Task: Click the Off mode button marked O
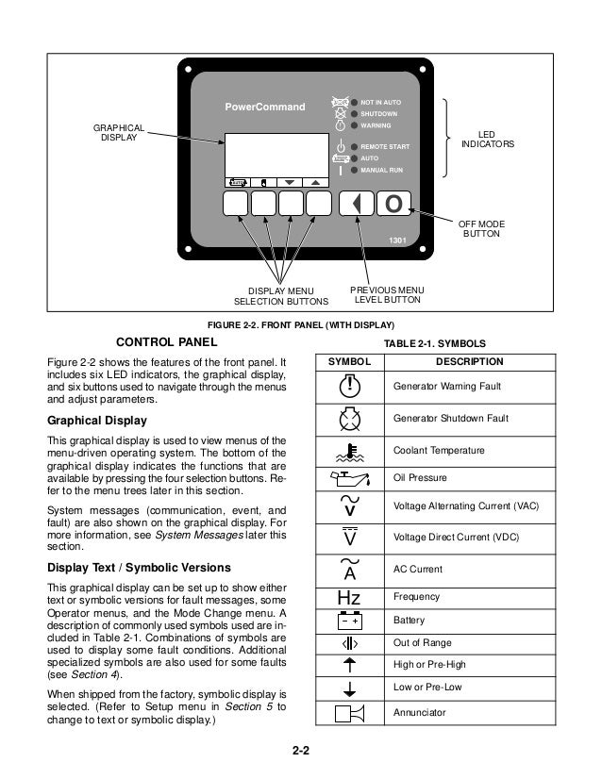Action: (393, 205)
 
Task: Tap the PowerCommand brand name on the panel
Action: (264, 108)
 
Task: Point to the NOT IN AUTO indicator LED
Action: (354, 101)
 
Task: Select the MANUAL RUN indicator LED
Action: (354, 171)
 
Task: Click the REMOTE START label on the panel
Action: (385, 147)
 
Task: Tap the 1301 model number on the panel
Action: (399, 240)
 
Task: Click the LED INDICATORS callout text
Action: (488, 139)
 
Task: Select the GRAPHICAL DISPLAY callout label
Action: (118, 132)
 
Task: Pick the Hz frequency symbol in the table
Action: (349, 597)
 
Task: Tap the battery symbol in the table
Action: (349, 622)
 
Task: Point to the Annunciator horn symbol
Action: (349, 713)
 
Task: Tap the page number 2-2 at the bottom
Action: (300, 750)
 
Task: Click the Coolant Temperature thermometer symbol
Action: (349, 450)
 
